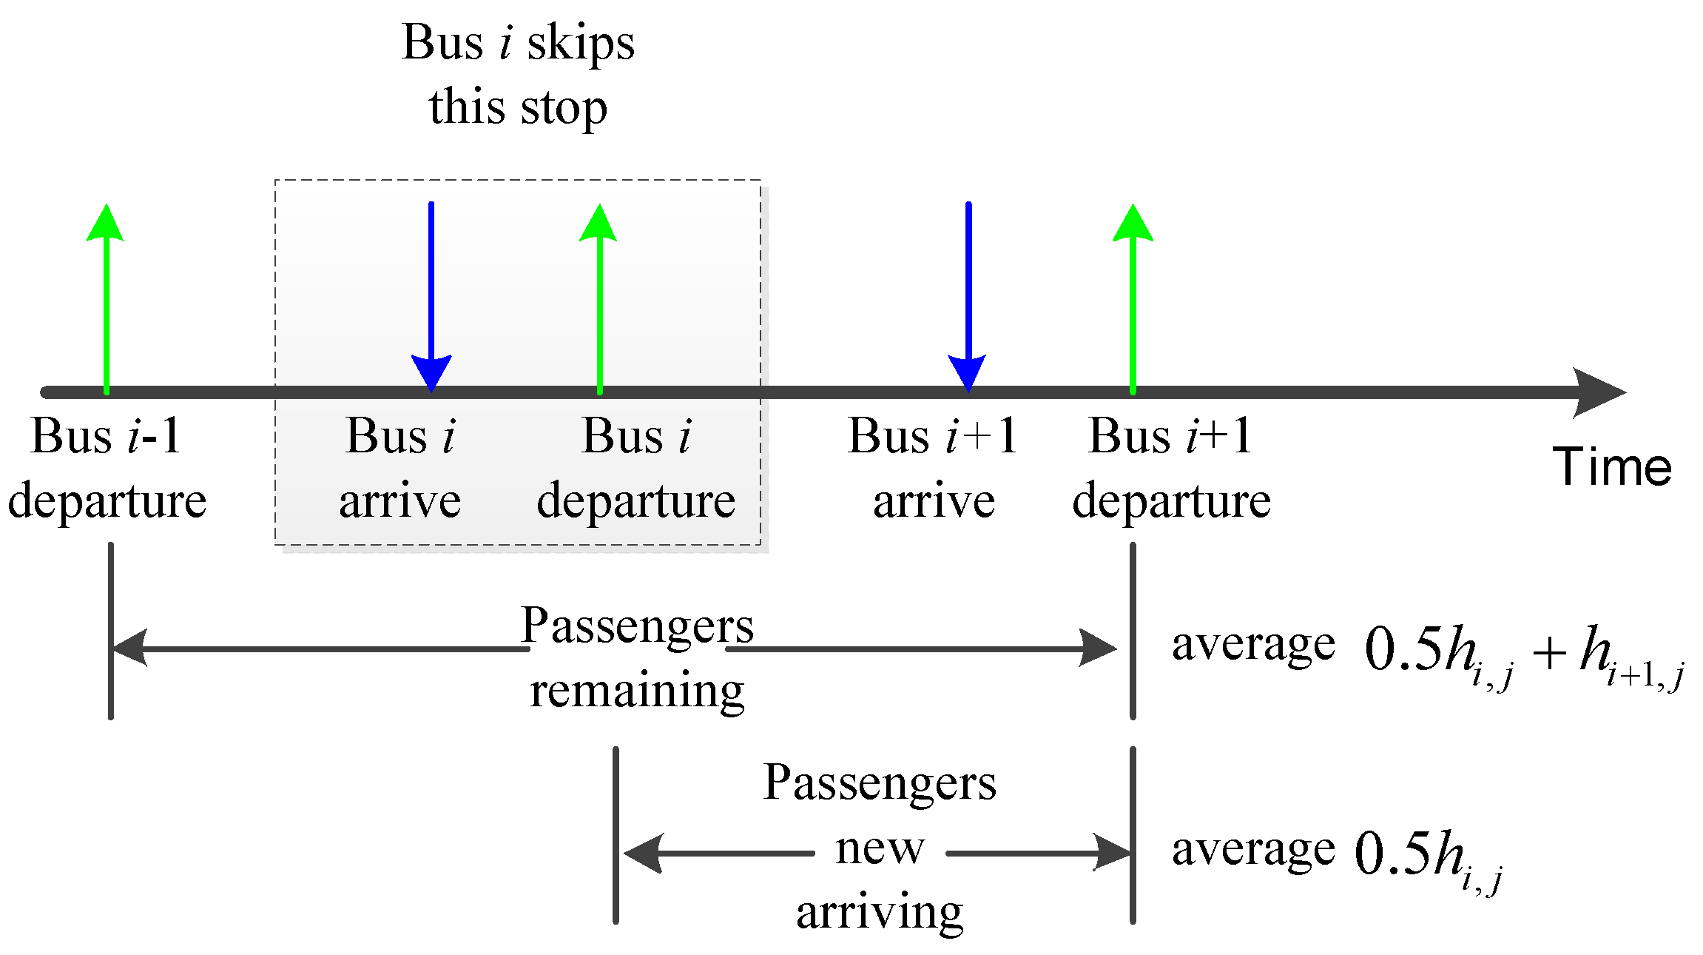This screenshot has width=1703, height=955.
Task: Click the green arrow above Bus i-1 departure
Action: [x=107, y=296]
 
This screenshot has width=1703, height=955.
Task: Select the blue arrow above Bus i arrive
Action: [x=431, y=296]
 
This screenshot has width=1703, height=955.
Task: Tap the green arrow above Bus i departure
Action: [x=599, y=296]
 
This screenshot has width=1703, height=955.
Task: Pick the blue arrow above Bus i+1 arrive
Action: [x=968, y=296]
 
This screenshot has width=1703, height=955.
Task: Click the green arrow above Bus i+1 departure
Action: [x=1133, y=296]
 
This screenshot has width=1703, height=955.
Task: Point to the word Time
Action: [x=1612, y=467]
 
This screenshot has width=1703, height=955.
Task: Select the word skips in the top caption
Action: [x=581, y=43]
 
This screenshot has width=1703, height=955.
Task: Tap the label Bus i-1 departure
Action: [x=107, y=468]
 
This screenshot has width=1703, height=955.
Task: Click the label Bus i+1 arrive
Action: [x=934, y=468]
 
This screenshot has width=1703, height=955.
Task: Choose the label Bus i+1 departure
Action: [x=1172, y=468]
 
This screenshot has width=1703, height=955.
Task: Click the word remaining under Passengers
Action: [x=637, y=690]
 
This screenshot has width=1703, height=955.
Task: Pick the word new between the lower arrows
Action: [x=880, y=848]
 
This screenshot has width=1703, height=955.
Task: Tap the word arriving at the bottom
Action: [x=880, y=912]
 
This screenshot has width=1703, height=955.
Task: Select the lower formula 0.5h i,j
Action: [x=1428, y=859]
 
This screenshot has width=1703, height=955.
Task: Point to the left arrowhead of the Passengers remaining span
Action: [x=130, y=648]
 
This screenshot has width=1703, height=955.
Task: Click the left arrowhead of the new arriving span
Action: [x=642, y=853]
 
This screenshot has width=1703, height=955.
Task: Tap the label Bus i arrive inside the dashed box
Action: [x=400, y=468]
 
